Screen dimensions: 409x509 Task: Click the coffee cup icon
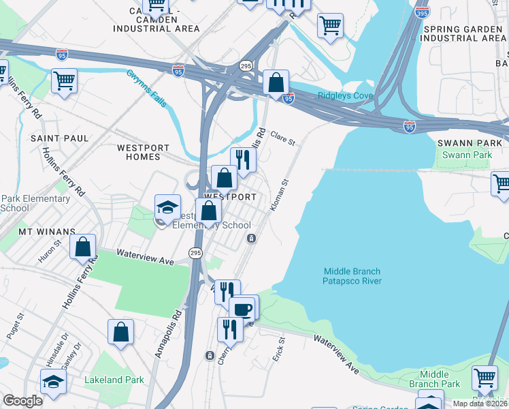(243, 308)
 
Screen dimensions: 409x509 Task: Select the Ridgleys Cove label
(345, 96)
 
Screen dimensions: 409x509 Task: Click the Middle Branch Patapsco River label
(352, 276)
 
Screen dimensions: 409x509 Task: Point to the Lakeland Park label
(114, 380)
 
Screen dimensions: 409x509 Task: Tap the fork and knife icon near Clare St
(243, 160)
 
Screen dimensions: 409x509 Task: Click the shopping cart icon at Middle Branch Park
(485, 378)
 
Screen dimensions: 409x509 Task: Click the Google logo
(22, 401)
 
